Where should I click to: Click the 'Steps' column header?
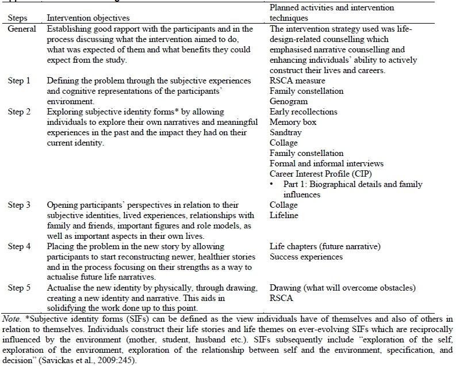[17, 18]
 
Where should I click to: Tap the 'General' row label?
[22, 29]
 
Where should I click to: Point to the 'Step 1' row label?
[20, 81]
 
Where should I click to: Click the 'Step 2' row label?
[20, 112]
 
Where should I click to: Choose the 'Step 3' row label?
[20, 205]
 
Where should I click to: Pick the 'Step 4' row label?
[20, 247]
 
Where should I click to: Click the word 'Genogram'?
[289, 102]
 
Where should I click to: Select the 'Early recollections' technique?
[304, 112]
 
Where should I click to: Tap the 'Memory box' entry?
[293, 123]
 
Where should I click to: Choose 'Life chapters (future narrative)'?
[325, 247]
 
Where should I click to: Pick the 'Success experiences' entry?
[306, 257]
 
